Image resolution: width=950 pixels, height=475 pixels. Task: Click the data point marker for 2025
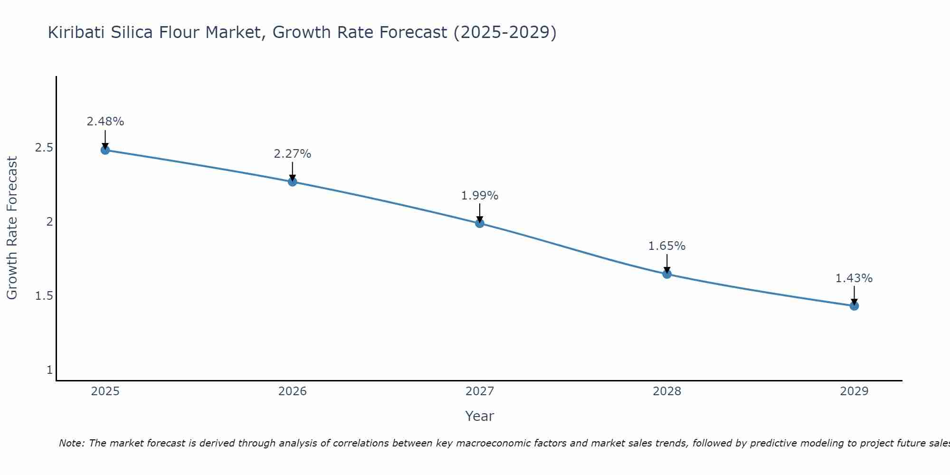coord(105,150)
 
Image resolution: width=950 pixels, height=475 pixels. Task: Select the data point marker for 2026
coord(293,182)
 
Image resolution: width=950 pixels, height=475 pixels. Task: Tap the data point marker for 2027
coord(480,223)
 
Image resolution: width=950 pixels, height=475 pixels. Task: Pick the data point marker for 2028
coord(667,274)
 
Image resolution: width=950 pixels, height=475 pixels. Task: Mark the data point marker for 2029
coord(854,306)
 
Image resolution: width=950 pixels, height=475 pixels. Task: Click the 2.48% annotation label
coord(105,122)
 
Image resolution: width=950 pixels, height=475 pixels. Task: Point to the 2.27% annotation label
coord(293,154)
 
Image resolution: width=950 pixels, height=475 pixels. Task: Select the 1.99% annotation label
coord(480,196)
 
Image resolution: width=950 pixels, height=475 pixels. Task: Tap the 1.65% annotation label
coord(667,246)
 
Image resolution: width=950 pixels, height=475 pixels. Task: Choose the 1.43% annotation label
coord(854,278)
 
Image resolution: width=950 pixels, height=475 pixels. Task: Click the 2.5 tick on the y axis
coord(44,148)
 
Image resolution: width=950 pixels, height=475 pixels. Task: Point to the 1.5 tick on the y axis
coord(44,296)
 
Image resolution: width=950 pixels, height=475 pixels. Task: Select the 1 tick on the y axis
coord(49,370)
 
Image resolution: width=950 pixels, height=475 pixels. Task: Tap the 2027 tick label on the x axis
coord(480,391)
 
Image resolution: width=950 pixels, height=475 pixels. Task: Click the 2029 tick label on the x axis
coord(854,391)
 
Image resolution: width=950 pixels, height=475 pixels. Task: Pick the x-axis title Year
coord(480,416)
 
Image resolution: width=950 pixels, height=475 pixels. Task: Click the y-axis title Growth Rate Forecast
coord(12,228)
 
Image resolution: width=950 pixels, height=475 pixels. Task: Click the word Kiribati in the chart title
coord(76,33)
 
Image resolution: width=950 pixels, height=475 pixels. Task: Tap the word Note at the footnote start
coord(71,443)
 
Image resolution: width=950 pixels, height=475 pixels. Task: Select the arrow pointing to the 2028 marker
coord(667,264)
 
